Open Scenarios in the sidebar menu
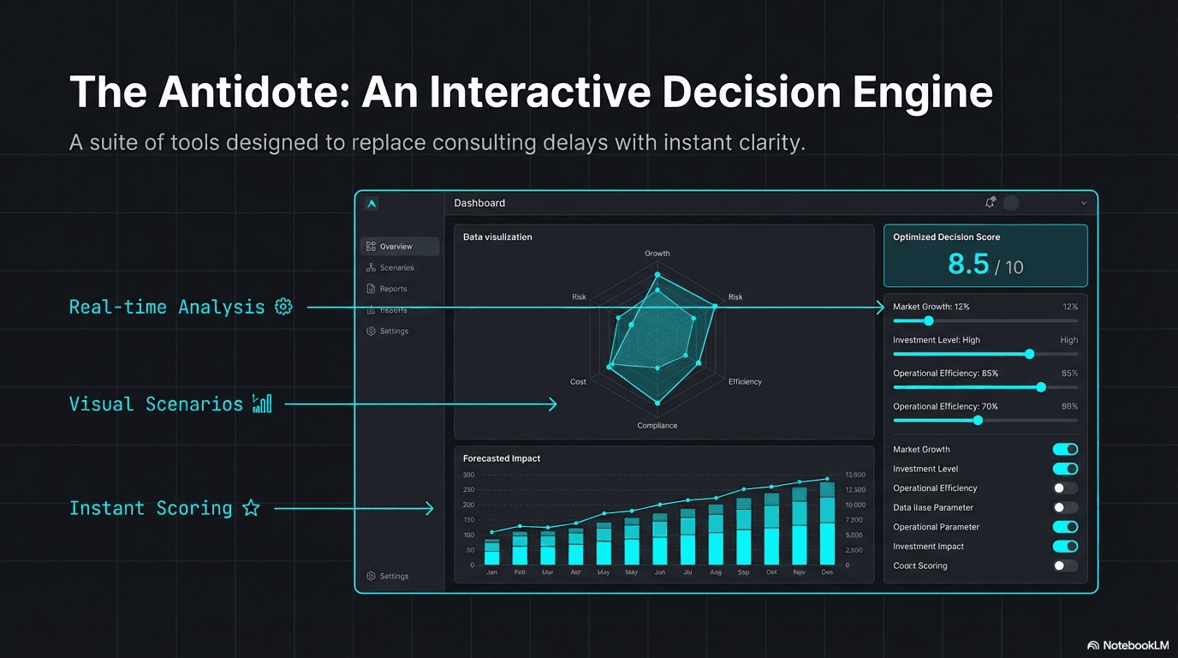point(396,268)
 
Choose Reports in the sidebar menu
point(393,290)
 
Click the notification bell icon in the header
point(990,203)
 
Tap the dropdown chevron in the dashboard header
point(1084,204)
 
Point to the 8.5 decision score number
point(968,265)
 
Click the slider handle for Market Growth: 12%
point(929,321)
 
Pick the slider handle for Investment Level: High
point(1029,354)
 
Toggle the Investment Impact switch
point(1065,547)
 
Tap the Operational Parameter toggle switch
point(1065,527)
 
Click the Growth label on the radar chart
point(657,254)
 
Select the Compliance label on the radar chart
point(657,426)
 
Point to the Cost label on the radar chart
point(579,382)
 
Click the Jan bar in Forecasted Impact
point(491,552)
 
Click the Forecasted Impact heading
point(502,458)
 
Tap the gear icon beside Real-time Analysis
point(283,307)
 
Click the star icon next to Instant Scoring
point(251,508)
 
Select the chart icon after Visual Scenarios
point(262,404)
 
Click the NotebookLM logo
point(1129,645)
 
